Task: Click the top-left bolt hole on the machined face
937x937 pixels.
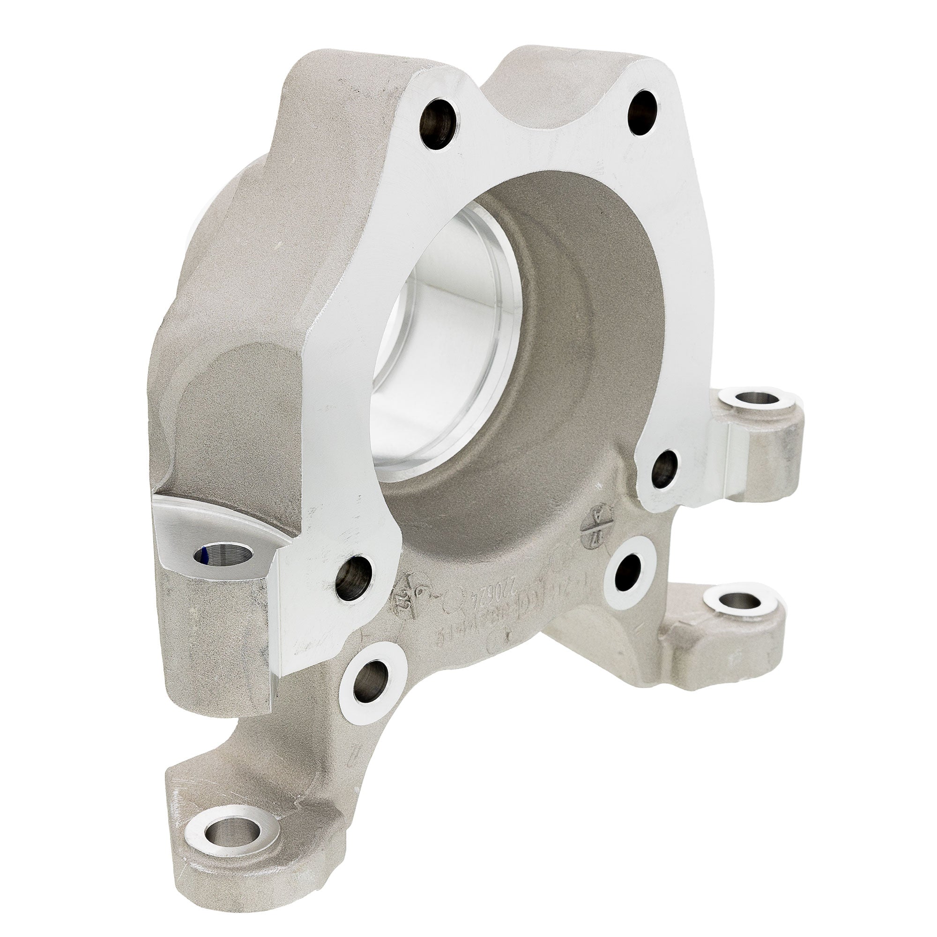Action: (x=438, y=124)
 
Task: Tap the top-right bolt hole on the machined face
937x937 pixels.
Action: (x=643, y=112)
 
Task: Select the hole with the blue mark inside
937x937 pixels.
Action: (x=223, y=555)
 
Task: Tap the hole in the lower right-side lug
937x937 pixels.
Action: (x=741, y=602)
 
